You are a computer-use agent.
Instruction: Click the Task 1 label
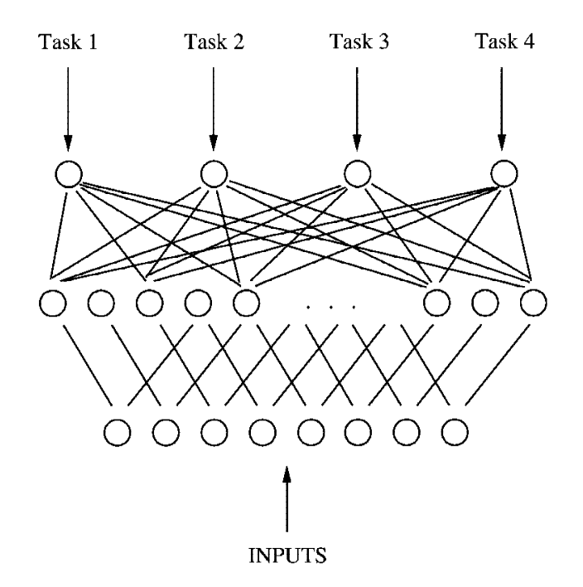pos(68,41)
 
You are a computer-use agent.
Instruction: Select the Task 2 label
pos(214,41)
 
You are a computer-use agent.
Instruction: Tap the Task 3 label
pos(359,41)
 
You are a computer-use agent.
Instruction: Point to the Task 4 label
pos(504,41)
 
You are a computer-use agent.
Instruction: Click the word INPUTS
pos(287,555)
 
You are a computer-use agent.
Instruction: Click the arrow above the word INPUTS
pos(287,498)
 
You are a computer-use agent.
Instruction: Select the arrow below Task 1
pos(68,109)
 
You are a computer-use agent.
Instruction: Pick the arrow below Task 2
pos(213,109)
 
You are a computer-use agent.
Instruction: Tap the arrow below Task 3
pos(357,109)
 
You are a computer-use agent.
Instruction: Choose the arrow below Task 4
pos(502,109)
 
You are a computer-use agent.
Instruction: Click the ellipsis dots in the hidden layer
pos(330,308)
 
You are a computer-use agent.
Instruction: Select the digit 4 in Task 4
pos(529,41)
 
